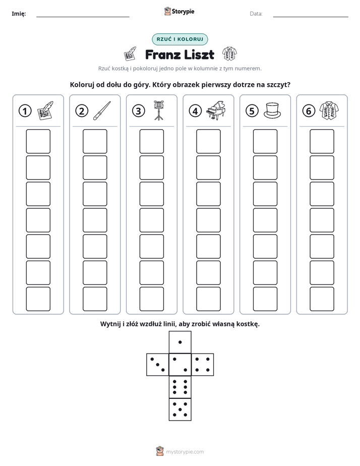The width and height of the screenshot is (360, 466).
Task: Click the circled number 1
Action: (x=25, y=111)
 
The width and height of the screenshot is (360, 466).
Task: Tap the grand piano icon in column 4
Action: (x=216, y=110)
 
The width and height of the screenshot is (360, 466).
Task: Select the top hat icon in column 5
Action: (x=272, y=110)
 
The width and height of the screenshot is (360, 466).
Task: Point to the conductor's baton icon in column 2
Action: (x=102, y=110)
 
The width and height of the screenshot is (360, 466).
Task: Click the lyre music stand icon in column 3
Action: (x=159, y=110)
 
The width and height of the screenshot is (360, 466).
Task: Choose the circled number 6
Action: (x=309, y=111)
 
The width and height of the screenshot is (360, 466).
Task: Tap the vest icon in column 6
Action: (x=329, y=110)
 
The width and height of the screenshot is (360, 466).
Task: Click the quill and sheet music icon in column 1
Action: (x=45, y=110)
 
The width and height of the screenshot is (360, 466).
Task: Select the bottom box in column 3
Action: (x=151, y=299)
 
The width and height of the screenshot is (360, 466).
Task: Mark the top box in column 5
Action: (x=265, y=141)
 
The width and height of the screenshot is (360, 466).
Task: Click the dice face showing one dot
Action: (x=180, y=342)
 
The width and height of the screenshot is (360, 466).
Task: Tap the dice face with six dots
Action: (x=180, y=387)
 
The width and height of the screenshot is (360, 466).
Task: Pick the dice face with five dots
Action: (x=180, y=409)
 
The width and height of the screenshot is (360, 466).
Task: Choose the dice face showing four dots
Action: (x=203, y=365)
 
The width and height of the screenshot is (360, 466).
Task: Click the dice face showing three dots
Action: (x=158, y=365)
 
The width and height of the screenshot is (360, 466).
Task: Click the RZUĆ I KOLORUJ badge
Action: (x=180, y=39)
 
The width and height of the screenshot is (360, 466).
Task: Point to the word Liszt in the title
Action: (x=199, y=54)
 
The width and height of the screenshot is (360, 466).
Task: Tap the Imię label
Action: (x=19, y=14)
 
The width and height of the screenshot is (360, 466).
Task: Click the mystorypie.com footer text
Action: (x=185, y=452)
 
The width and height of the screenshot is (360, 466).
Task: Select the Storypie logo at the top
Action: (x=179, y=11)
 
